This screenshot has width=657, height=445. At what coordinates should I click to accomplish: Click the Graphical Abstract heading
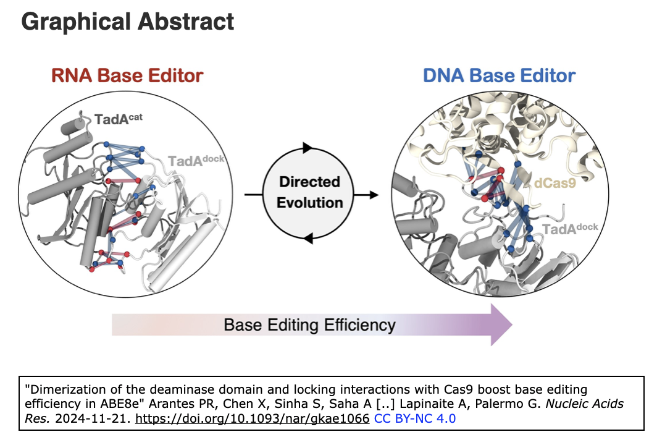click(x=128, y=22)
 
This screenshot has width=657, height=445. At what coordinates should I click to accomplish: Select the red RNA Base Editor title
click(x=127, y=76)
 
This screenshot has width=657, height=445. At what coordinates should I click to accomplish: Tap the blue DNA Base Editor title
click(x=499, y=76)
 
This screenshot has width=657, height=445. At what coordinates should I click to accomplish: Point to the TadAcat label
click(x=119, y=119)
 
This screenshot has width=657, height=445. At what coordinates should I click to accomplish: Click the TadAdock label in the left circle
click(x=196, y=161)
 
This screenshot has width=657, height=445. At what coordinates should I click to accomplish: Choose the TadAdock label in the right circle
click(x=570, y=229)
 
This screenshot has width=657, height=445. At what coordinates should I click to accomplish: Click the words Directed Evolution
click(x=309, y=192)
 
